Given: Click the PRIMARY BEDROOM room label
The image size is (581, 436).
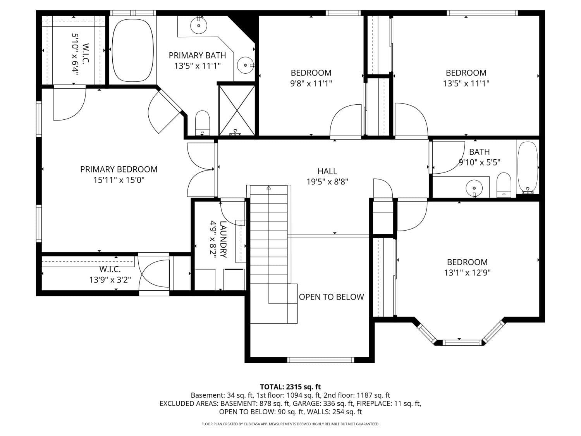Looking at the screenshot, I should pos(119,169).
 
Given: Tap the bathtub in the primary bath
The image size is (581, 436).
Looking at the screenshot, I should pos(132,50).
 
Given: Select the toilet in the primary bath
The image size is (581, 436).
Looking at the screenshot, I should pos(202,121).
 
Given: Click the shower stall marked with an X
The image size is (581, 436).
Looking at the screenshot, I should pos(237,110).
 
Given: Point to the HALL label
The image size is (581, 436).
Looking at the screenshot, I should pos(327,171).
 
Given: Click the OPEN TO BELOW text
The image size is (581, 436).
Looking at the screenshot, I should pos(331,297).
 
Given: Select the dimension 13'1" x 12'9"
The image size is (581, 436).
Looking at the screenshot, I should pos(467,272).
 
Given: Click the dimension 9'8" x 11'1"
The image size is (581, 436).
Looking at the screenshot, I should pos(311,83).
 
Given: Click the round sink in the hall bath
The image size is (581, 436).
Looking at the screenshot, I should pos(474,188).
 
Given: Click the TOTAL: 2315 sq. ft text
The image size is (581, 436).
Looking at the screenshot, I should pos(290,386).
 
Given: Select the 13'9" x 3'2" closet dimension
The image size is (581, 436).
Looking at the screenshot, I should pos(110,279).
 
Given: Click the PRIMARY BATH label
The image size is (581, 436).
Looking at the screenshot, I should pos(197,55).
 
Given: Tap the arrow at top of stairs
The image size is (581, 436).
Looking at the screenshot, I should pos(269,188).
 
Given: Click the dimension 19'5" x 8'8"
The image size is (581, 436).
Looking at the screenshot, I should pos(327,181).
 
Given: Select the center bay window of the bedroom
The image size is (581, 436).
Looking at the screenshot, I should pos(459,342).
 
